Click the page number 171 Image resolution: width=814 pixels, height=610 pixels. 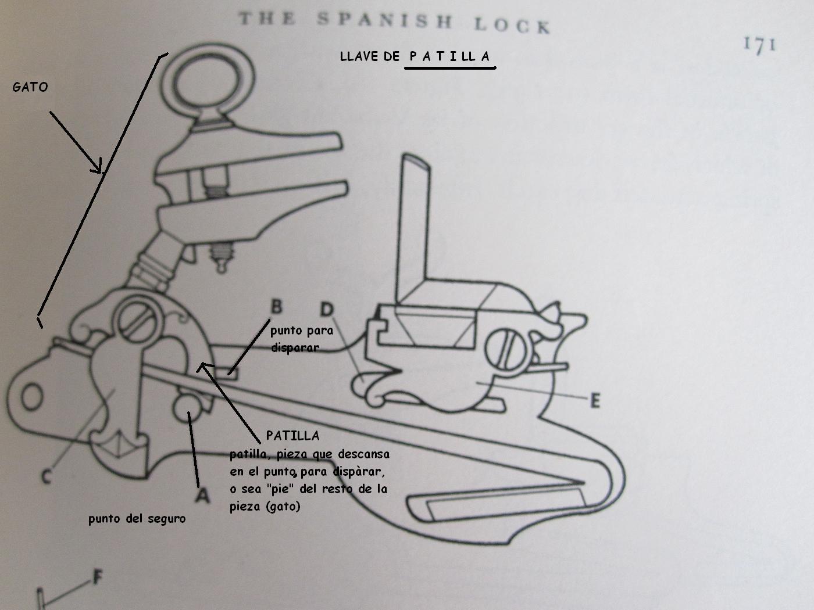click(x=759, y=45)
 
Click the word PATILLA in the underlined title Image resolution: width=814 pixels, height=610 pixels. click(x=449, y=56)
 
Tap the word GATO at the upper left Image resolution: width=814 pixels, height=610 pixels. click(x=30, y=87)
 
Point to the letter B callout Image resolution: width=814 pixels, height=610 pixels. click(x=277, y=306)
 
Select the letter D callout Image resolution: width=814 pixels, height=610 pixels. click(x=327, y=309)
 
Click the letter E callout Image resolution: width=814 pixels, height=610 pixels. click(x=594, y=401)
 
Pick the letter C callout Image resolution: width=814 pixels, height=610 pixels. click(x=47, y=476)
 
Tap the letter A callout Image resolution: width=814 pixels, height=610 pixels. click(x=202, y=495)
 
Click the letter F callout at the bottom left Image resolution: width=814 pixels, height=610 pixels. click(x=98, y=578)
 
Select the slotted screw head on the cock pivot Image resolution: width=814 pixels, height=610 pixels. click(x=138, y=318)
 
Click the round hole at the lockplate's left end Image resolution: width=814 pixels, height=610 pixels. click(x=33, y=397)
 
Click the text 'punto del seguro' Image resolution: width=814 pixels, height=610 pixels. click(x=137, y=518)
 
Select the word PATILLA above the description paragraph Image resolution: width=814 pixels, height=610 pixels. click(x=292, y=435)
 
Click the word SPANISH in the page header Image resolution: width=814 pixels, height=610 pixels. click(x=384, y=21)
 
